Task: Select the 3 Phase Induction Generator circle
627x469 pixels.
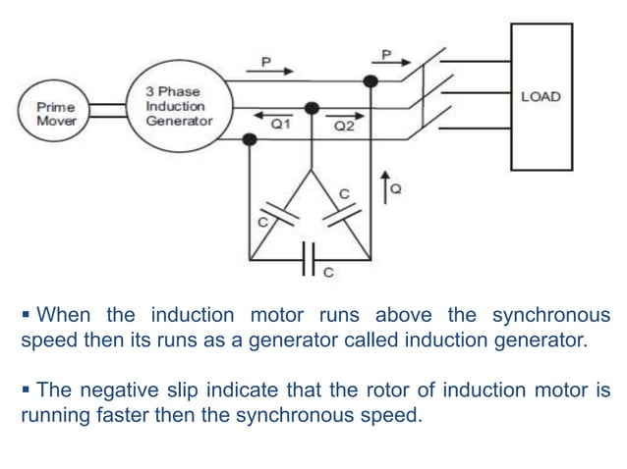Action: pyautogui.click(x=178, y=105)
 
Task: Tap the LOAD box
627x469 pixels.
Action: pyautogui.click(x=541, y=96)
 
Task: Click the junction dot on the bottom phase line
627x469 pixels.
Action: pyautogui.click(x=251, y=139)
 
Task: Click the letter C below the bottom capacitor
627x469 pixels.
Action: pyautogui.click(x=328, y=274)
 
